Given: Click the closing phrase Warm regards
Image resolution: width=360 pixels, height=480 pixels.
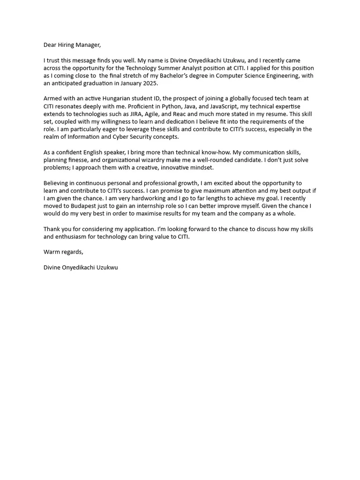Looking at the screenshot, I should click(63, 252).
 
